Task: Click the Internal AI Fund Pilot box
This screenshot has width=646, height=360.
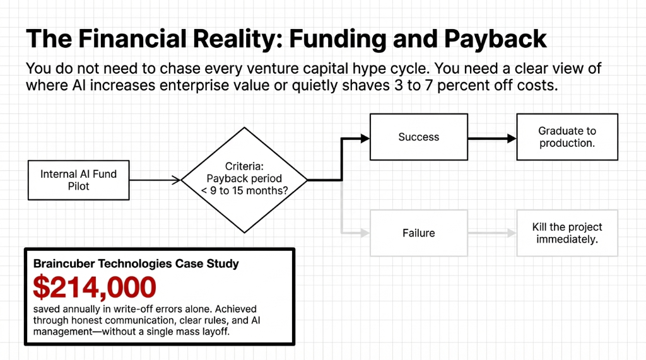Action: click(78, 180)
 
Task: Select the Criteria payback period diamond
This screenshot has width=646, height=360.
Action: click(244, 180)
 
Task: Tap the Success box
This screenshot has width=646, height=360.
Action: click(418, 137)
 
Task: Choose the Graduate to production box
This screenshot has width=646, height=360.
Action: click(567, 137)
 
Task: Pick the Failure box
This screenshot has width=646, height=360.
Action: click(418, 233)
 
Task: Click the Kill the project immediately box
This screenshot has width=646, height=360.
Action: click(567, 233)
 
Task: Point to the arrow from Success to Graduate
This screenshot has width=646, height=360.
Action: click(492, 137)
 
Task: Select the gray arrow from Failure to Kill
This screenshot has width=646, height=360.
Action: click(492, 233)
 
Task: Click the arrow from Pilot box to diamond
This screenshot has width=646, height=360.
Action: click(155, 181)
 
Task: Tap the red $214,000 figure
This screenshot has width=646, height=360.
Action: click(95, 287)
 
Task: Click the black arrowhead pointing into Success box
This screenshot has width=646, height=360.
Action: click(364, 137)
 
